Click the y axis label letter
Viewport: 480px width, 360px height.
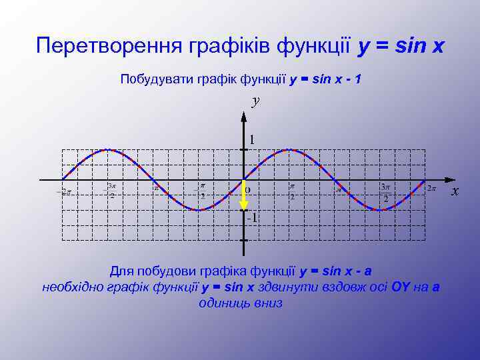click(x=255, y=101)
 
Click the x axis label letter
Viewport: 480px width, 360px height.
click(x=455, y=191)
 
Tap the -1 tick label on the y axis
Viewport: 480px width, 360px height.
click(x=251, y=218)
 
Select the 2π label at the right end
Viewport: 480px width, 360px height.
click(x=431, y=189)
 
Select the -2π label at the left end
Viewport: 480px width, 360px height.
click(x=64, y=192)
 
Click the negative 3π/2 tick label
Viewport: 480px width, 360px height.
click(x=111, y=191)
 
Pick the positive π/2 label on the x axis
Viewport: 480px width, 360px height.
click(x=291, y=192)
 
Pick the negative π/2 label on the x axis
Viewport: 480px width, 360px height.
click(x=201, y=192)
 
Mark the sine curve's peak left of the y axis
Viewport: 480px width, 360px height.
click(x=109, y=150)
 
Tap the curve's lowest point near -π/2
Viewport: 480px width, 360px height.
click(x=199, y=210)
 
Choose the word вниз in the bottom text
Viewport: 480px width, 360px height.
click(x=268, y=303)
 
